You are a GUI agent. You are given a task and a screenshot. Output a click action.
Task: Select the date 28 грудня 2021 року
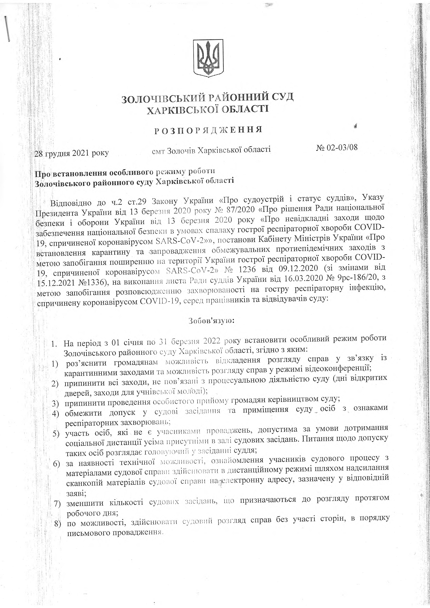[72, 153]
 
